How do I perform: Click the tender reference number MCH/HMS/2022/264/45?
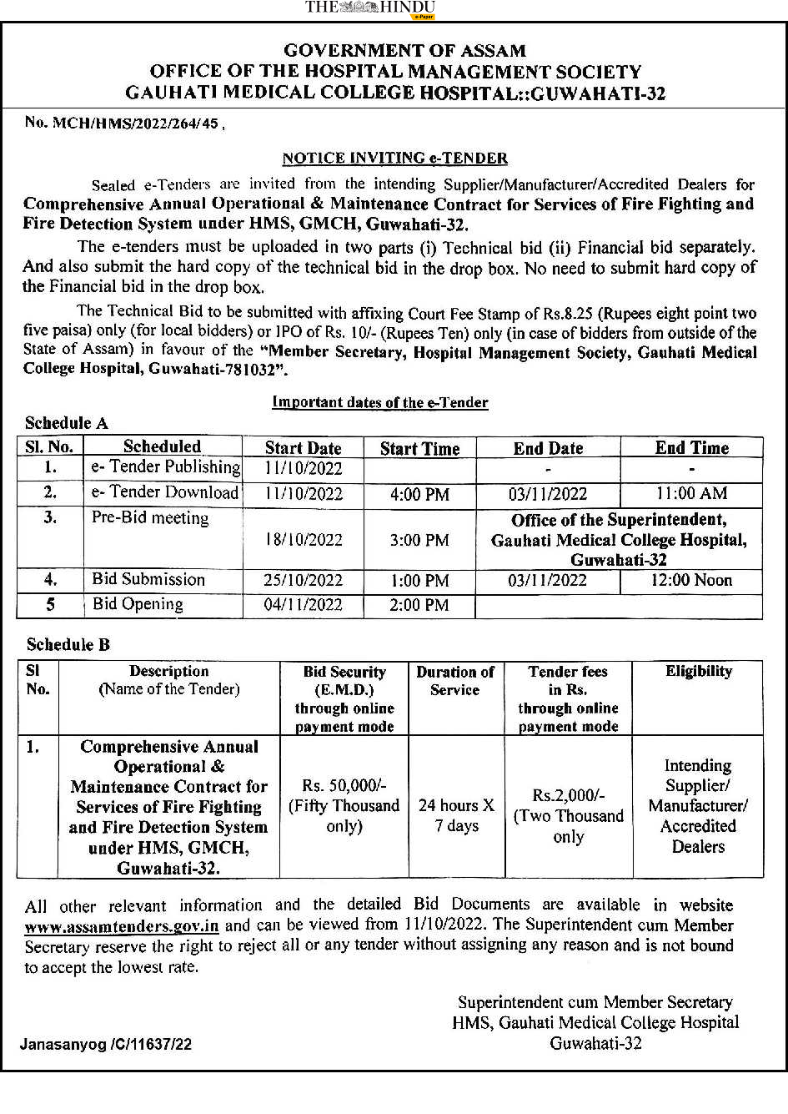[123, 123]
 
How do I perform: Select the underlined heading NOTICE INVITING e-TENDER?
[394, 158]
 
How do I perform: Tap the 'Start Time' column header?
[419, 448]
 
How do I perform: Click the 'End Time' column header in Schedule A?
[691, 447]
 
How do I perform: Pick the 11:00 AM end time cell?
[691, 494]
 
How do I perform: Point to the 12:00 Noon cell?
[691, 580]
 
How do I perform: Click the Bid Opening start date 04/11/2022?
[303, 605]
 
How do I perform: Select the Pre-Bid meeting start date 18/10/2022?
[303, 540]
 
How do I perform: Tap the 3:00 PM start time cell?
[419, 540]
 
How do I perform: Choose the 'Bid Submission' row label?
[148, 579]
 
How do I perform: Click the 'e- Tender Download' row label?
[165, 492]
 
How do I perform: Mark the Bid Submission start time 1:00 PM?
[419, 581]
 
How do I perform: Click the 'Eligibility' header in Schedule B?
[698, 672]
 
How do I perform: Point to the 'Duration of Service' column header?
[455, 681]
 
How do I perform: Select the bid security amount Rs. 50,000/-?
[344, 786]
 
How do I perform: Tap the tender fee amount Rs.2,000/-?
[569, 796]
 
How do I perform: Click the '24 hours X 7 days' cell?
[456, 815]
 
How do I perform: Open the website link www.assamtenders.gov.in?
[122, 925]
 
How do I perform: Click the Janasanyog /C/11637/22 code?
[106, 1044]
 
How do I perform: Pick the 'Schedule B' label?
[68, 644]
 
